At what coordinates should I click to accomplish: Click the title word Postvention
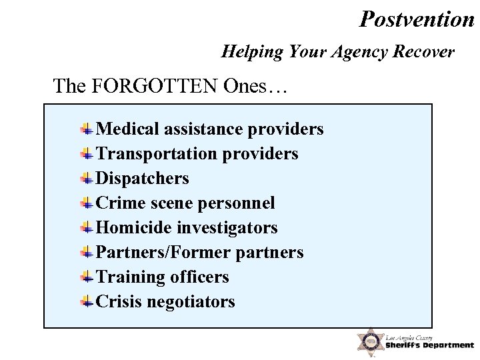417,19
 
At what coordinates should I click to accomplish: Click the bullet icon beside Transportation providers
87,153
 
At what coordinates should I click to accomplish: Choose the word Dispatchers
143,179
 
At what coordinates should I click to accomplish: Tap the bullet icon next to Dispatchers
87,178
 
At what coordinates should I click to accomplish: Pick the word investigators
227,228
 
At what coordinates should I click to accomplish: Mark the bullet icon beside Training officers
87,277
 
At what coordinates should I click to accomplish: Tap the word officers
199,277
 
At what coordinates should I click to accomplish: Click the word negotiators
191,302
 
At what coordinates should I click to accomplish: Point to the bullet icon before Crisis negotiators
87,301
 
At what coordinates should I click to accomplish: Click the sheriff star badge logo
369,341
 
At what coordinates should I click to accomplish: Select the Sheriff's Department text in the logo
429,345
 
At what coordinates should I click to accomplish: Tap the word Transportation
157,154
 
